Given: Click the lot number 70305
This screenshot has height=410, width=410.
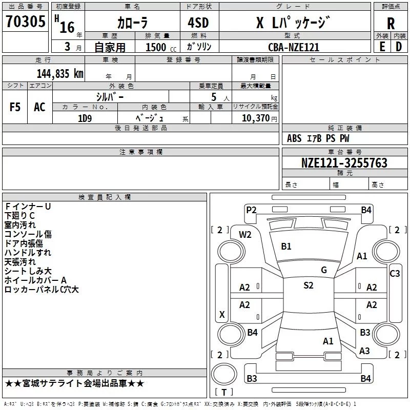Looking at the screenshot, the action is tap(25, 21).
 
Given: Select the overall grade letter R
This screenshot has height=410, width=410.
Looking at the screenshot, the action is tap(391, 24).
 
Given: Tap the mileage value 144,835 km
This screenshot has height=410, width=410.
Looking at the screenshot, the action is tap(60, 73).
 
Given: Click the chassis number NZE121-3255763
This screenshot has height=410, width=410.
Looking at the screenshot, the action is tap(344, 162).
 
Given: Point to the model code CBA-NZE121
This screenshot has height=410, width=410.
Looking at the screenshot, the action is tap(294, 47).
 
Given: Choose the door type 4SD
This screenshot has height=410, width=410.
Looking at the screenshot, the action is tap(198, 23).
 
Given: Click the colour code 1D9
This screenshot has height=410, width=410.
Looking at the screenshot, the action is tap(85, 118).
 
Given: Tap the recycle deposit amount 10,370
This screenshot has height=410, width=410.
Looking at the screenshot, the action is tap(255, 118).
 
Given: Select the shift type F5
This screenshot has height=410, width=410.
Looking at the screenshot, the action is tap(15, 107).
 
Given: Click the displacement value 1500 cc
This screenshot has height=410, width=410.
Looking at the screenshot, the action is tap(161, 47).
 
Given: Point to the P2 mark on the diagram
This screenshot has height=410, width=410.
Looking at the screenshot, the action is tap(251, 210).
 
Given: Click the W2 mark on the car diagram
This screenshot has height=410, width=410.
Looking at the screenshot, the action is tap(245, 235).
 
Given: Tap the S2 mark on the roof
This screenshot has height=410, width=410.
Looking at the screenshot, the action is tap(309, 285).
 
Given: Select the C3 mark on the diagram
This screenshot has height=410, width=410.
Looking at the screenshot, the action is tap(395, 274).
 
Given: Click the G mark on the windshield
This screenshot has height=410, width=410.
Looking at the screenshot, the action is tap(324, 270).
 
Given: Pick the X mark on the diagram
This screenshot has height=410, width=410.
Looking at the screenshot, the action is tap(222, 314).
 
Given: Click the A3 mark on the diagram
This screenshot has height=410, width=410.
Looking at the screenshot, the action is tap(364, 351).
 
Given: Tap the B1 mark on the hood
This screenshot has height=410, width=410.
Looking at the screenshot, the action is tap(286, 247).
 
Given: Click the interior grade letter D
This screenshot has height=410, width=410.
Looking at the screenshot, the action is tap(399, 47).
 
